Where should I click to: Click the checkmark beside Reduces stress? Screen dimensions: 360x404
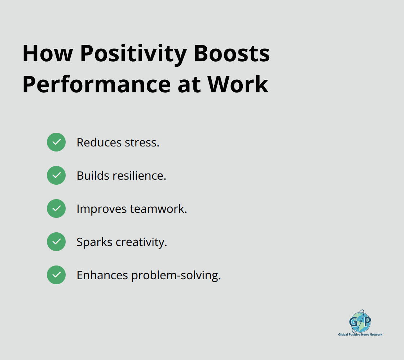click(x=56, y=142)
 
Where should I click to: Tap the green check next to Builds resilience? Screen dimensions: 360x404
click(x=56, y=175)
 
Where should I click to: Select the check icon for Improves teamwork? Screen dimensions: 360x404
click(x=56, y=208)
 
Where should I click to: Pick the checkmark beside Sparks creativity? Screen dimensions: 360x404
click(x=56, y=242)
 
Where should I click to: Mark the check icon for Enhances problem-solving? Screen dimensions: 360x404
click(x=56, y=275)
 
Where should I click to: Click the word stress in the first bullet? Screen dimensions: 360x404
click(x=142, y=143)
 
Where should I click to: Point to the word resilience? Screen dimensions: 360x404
click(x=139, y=176)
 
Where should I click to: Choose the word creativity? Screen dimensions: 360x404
click(x=141, y=242)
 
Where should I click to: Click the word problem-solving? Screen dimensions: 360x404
click(x=176, y=276)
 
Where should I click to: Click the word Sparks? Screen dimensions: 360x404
click(x=95, y=242)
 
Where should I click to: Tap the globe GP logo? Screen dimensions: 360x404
click(x=360, y=321)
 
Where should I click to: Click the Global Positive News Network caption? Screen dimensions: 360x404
click(x=360, y=334)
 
